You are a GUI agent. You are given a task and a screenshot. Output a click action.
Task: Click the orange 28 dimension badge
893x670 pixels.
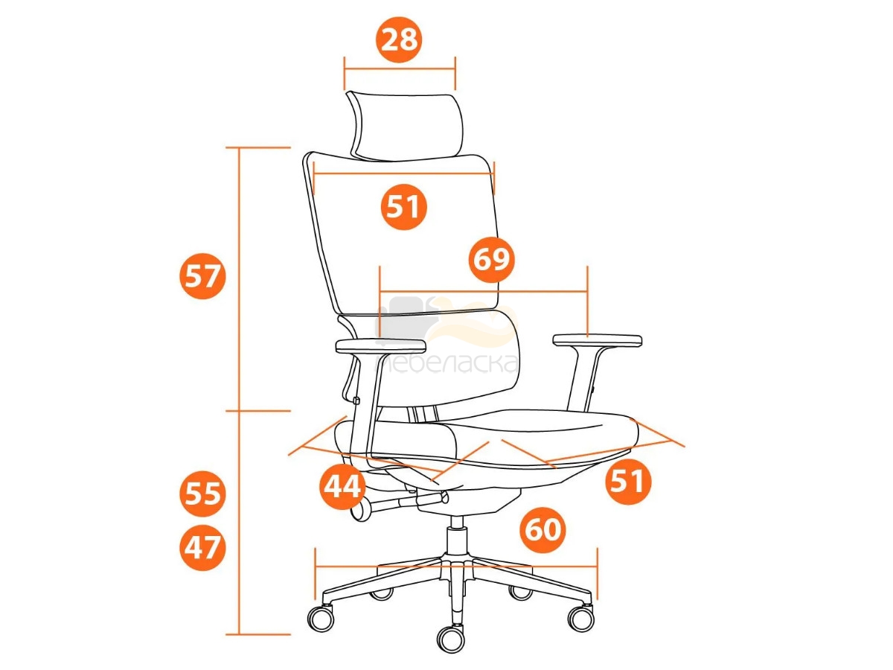pyautogui.click(x=399, y=40)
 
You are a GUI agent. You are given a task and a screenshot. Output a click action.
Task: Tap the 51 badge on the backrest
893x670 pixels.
pyautogui.click(x=403, y=207)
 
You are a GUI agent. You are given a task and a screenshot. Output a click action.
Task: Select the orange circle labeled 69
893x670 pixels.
pyautogui.click(x=491, y=259)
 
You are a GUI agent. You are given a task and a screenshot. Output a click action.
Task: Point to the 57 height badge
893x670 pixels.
pyautogui.click(x=202, y=276)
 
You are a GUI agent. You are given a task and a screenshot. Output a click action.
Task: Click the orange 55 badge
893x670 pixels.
pyautogui.click(x=202, y=494)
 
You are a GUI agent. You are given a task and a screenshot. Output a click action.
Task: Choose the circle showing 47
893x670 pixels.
pyautogui.click(x=202, y=548)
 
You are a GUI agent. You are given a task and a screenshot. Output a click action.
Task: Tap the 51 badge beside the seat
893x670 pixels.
pyautogui.click(x=628, y=482)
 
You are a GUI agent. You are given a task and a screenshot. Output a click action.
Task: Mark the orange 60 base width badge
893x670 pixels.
pyautogui.click(x=542, y=529)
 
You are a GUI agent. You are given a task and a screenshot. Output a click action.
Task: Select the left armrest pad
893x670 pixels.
pyautogui.click(x=381, y=347)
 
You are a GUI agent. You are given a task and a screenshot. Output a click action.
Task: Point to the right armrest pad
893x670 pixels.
pyautogui.click(x=598, y=340)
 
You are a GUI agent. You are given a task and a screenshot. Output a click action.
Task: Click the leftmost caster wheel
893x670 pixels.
pyautogui.click(x=321, y=619)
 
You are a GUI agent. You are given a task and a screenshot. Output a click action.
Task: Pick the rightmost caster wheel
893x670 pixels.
pyautogui.click(x=580, y=619)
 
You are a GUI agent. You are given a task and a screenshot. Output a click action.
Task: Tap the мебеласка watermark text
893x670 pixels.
pyautogui.click(x=446, y=363)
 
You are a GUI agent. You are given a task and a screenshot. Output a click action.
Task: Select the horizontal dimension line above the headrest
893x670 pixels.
pyautogui.click(x=400, y=68)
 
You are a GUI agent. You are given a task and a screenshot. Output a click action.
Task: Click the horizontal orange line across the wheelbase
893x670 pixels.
pyautogui.click(x=456, y=566)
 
